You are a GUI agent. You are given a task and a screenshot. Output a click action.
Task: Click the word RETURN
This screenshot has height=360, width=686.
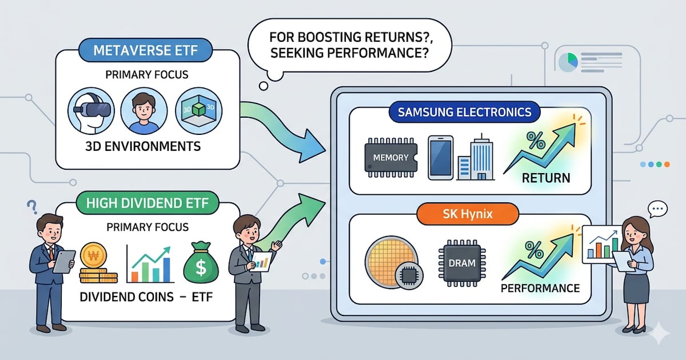pyautogui.click(x=545, y=177)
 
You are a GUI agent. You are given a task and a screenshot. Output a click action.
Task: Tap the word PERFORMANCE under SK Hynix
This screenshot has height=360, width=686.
pyautogui.click(x=540, y=287)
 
